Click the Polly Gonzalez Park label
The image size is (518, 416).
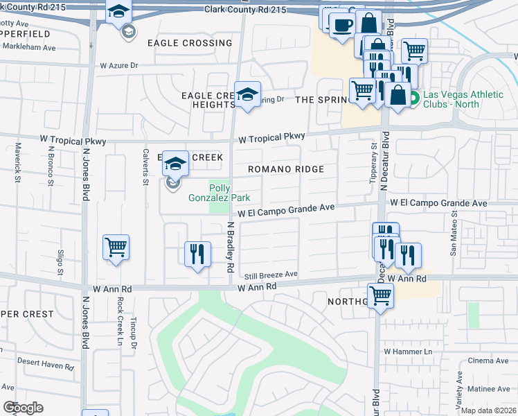pos(219,193)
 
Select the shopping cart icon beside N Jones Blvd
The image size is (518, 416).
pos(116,247)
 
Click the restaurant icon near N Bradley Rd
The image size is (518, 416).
pos(197,254)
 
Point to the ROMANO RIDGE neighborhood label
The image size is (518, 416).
pos(286,169)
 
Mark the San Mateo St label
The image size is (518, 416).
pos(454,240)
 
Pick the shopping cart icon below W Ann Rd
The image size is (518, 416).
pos(380,295)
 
